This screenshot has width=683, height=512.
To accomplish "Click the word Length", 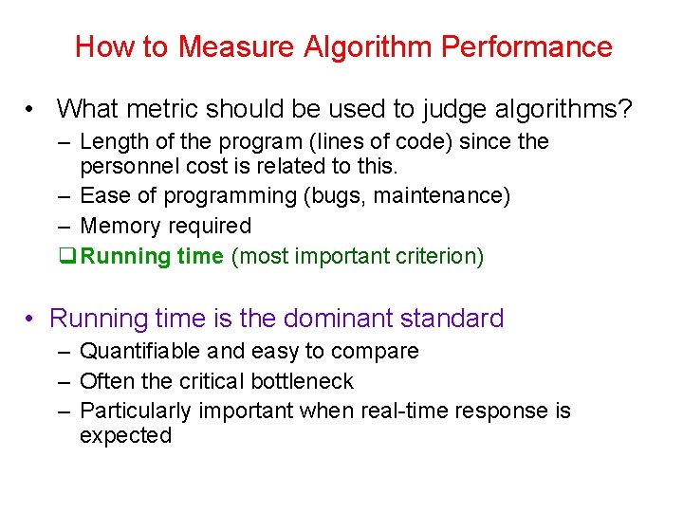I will point(111,142).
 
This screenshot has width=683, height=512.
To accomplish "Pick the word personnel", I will point(124,167).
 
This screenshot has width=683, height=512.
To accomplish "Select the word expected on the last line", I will point(125,436).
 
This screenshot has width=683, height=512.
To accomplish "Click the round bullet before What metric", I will point(33,109).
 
